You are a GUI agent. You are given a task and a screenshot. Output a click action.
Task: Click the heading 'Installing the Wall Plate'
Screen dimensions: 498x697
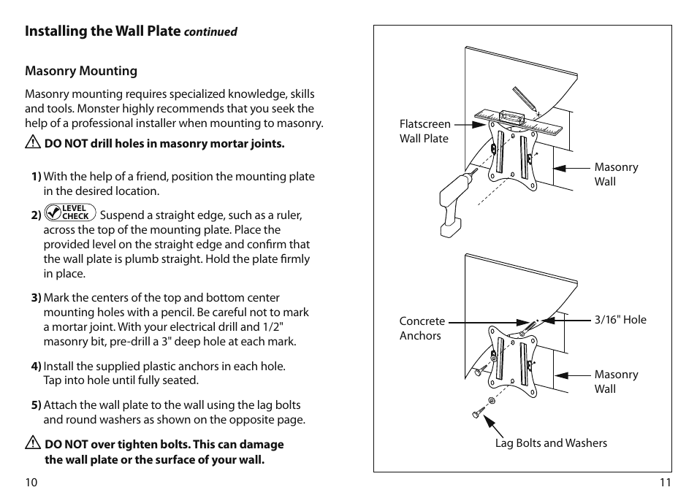pyautogui.click(x=102, y=31)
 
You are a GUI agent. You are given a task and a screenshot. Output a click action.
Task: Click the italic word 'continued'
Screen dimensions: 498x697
pyautogui.click(x=210, y=32)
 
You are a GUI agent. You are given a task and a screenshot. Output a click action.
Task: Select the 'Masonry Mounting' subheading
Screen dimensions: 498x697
pyautogui.click(x=81, y=71)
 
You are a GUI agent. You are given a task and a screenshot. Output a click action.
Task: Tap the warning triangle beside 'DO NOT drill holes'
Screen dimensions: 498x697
pyautogui.click(x=33, y=143)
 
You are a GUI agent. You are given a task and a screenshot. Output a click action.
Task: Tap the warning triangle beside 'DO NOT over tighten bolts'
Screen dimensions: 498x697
pyautogui.click(x=33, y=444)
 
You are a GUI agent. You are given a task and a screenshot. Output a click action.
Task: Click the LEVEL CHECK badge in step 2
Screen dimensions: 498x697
pyautogui.click(x=70, y=212)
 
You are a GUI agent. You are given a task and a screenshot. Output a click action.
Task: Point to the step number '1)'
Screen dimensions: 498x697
pyautogui.click(x=36, y=177)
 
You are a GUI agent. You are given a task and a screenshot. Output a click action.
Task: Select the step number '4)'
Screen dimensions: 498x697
pyautogui.click(x=36, y=366)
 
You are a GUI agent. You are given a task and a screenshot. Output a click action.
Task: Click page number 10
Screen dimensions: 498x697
pyautogui.click(x=31, y=482)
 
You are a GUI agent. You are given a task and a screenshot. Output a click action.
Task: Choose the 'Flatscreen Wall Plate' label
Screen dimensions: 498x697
pyautogui.click(x=424, y=131)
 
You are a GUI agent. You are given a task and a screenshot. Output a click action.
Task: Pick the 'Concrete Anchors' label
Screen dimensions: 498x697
pyautogui.click(x=422, y=329)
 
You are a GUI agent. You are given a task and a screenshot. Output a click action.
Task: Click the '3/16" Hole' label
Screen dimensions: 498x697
pyautogui.click(x=620, y=320)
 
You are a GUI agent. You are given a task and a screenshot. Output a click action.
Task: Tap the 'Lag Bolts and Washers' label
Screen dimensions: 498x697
pyautogui.click(x=551, y=443)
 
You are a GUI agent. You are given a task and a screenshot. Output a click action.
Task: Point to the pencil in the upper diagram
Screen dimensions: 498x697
pyautogui.click(x=525, y=99)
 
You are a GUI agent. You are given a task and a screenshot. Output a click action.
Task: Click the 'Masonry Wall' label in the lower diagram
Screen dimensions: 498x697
pyautogui.click(x=616, y=381)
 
